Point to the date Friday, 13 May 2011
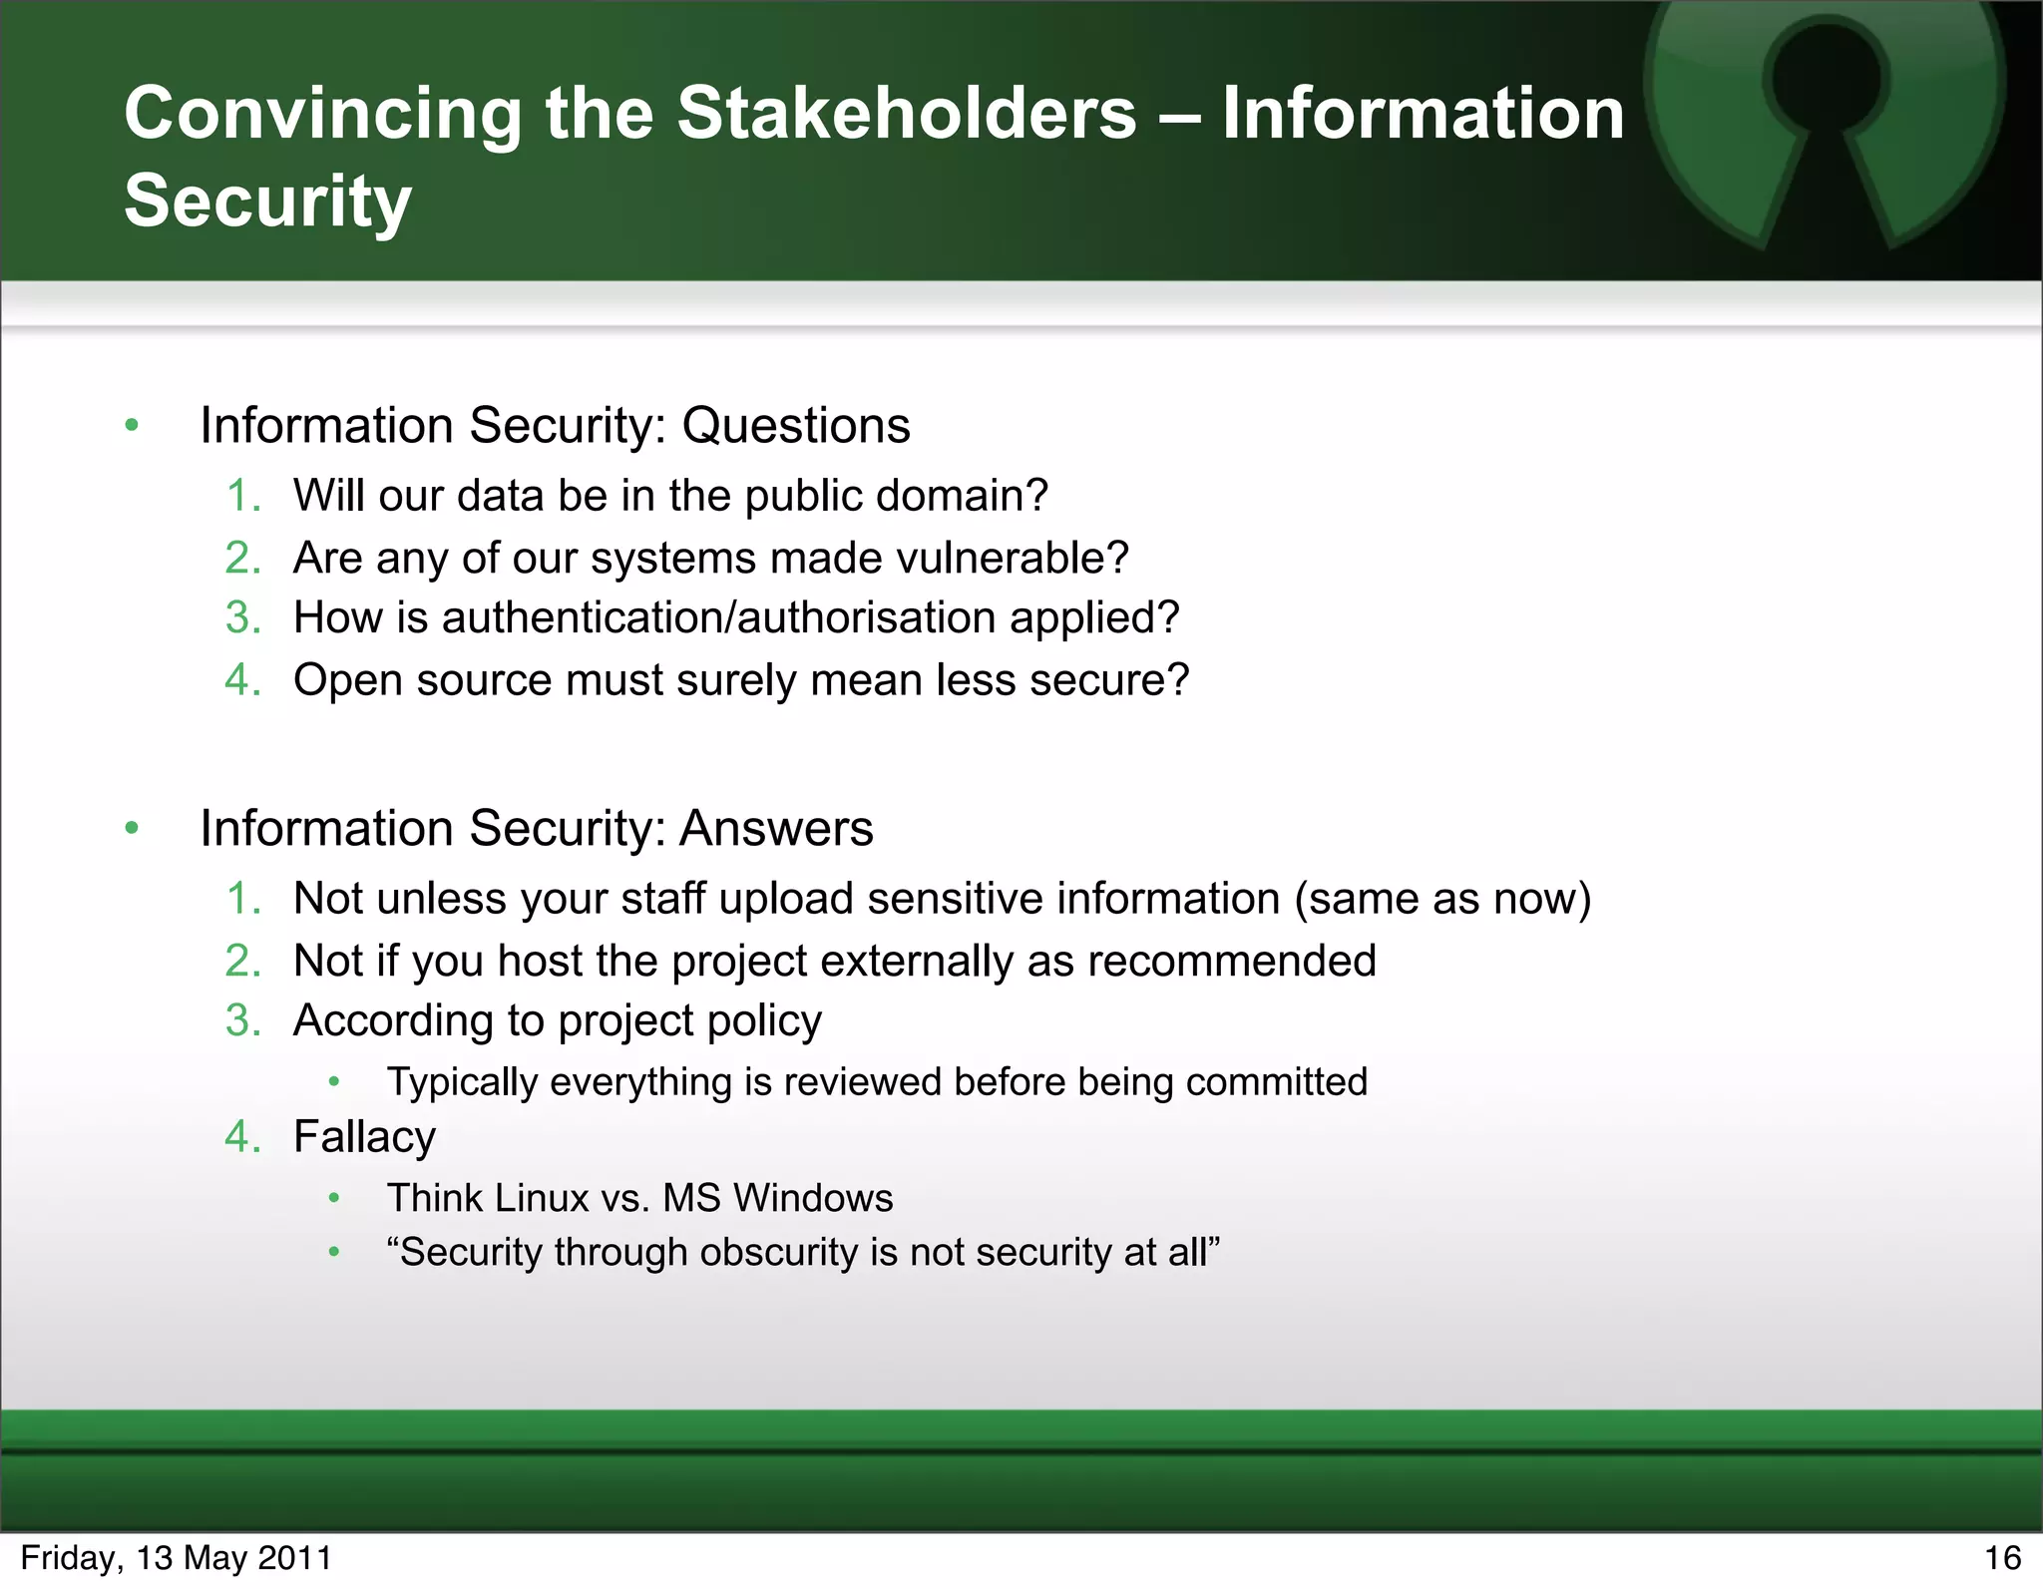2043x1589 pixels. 176,1558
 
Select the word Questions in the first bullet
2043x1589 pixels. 795,426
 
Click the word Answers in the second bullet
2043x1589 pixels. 775,829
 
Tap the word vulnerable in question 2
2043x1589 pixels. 1013,558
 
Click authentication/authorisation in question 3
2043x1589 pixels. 718,617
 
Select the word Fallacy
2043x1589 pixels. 364,1137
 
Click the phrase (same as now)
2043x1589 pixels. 1442,899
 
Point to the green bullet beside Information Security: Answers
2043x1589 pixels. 132,828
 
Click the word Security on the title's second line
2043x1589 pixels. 267,201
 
